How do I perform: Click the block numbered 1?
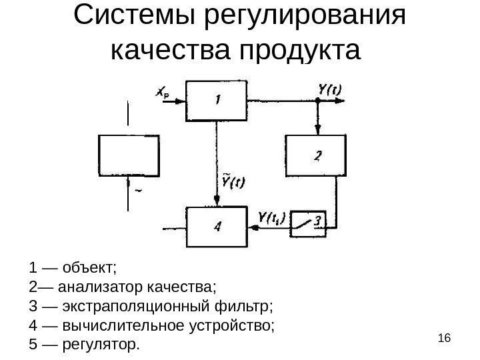coord(217,100)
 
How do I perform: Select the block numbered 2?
coord(316,156)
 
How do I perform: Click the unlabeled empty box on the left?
coord(129,155)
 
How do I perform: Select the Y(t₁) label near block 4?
coord(271,216)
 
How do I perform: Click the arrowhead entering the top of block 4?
coord(217,201)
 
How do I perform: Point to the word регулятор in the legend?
coord(100,345)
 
